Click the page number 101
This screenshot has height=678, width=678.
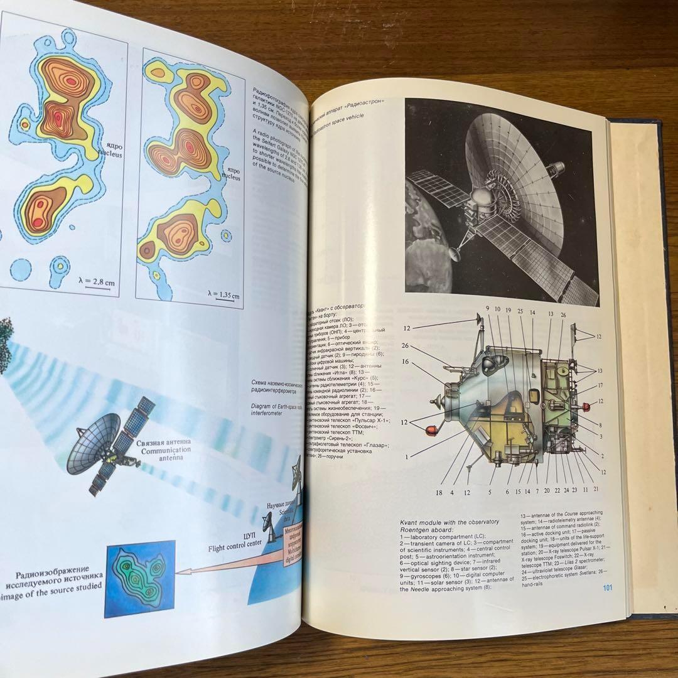(x=607, y=588)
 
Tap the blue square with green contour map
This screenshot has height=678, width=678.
(x=139, y=578)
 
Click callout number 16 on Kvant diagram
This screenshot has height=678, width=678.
(x=406, y=362)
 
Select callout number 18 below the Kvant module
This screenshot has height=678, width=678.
(x=439, y=493)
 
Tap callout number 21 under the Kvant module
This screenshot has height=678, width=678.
(x=595, y=489)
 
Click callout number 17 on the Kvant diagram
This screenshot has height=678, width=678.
(x=600, y=385)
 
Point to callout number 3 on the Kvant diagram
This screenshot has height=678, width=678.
(x=601, y=436)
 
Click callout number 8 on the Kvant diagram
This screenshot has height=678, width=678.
(x=600, y=426)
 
